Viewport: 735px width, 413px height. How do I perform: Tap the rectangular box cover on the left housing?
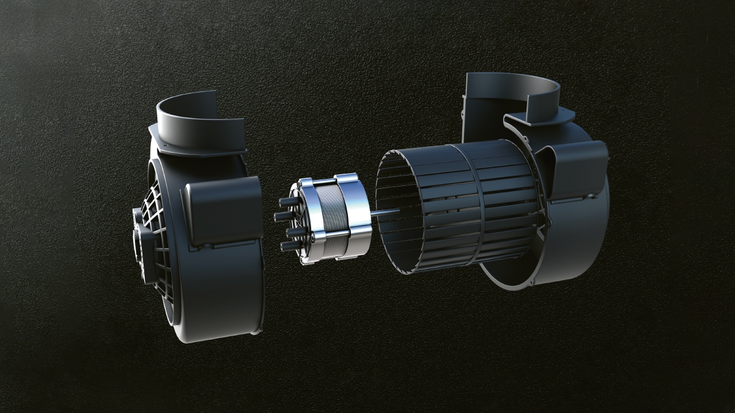coord(224,209)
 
